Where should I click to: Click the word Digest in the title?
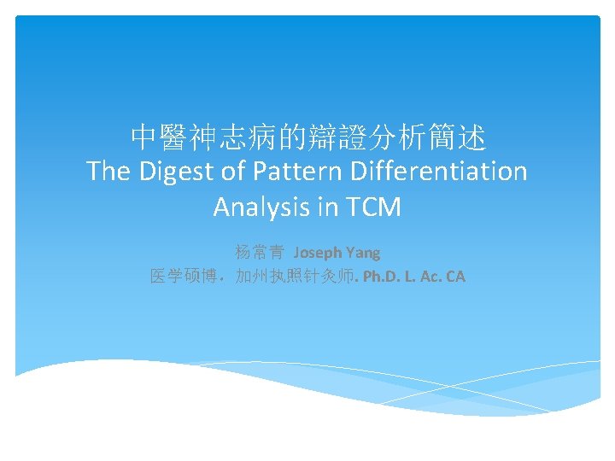[x=174, y=172]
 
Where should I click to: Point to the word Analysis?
[x=257, y=207]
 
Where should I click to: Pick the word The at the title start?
[x=108, y=172]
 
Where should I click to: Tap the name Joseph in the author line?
[x=319, y=253]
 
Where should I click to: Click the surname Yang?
[x=364, y=253]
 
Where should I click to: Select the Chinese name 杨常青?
[x=260, y=253]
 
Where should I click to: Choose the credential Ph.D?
[x=381, y=277]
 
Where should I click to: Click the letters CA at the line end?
[x=454, y=277]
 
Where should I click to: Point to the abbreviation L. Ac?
[x=422, y=277]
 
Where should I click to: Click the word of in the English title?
[x=234, y=172]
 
